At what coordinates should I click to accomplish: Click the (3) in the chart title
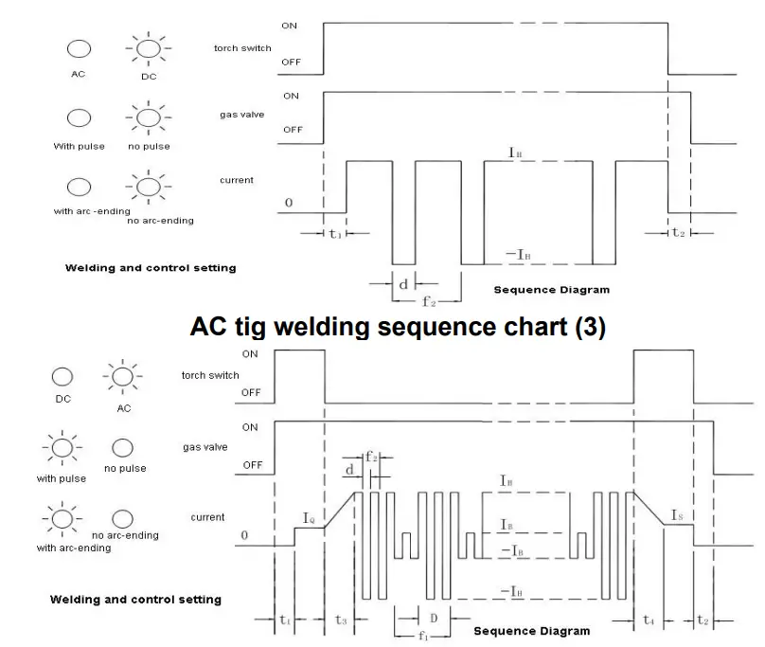[x=591, y=327]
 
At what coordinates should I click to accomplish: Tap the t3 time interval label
[x=341, y=620]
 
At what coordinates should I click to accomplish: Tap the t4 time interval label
[x=649, y=620]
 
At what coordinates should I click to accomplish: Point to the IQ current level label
[x=309, y=518]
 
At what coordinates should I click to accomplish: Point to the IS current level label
[x=677, y=515]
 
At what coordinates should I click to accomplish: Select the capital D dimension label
[x=434, y=619]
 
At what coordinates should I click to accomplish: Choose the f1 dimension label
[x=423, y=637]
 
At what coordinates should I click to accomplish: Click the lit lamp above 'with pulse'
[x=62, y=448]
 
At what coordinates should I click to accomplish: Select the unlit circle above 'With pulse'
[x=79, y=117]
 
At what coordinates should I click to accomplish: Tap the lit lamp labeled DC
[x=149, y=49]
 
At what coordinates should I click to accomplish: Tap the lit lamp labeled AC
[x=122, y=376]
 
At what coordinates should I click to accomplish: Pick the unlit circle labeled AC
[x=79, y=49]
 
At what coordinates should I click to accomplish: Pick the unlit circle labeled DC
[x=62, y=376]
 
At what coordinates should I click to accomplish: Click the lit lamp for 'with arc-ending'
[x=62, y=518]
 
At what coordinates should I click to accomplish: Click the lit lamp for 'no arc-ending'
[x=149, y=187]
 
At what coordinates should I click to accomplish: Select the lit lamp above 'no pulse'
[x=149, y=117]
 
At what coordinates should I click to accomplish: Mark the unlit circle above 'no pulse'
[x=122, y=448]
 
